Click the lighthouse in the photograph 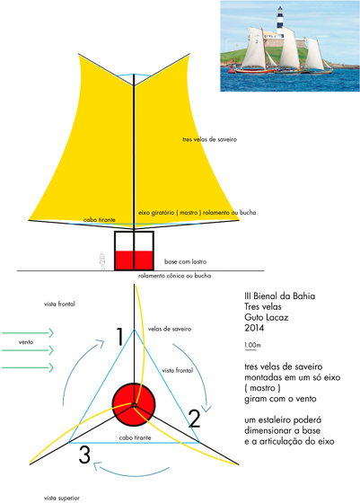(280, 22)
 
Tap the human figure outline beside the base (102, 260)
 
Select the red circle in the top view (134, 404)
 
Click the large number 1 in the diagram (119, 337)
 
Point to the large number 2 (195, 419)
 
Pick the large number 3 (84, 454)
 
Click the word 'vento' (26, 342)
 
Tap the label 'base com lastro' (185, 261)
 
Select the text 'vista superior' (62, 498)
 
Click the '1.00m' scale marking (252, 345)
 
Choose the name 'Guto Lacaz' (266, 317)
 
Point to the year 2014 (254, 328)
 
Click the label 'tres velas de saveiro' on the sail (210, 139)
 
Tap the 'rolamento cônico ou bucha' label (175, 276)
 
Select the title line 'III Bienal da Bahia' (279, 296)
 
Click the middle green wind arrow (28, 350)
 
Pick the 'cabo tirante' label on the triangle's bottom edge (135, 437)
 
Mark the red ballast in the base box (134, 260)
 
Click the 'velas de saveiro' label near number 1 (170, 329)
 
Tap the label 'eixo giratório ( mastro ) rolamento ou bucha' (198, 212)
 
